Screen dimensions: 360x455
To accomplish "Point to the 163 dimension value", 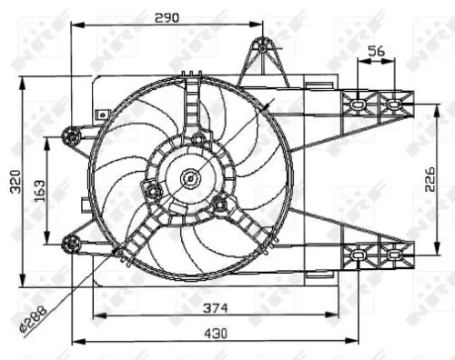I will [38, 191].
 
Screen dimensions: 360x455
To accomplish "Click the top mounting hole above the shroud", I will [263, 47].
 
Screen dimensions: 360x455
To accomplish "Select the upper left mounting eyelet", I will [72, 137].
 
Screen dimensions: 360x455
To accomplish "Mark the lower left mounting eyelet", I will [72, 241].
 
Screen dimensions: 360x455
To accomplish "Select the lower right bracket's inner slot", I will [361, 256].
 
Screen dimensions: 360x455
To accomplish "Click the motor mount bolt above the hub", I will [198, 138].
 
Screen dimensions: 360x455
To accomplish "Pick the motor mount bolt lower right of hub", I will [221, 205].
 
